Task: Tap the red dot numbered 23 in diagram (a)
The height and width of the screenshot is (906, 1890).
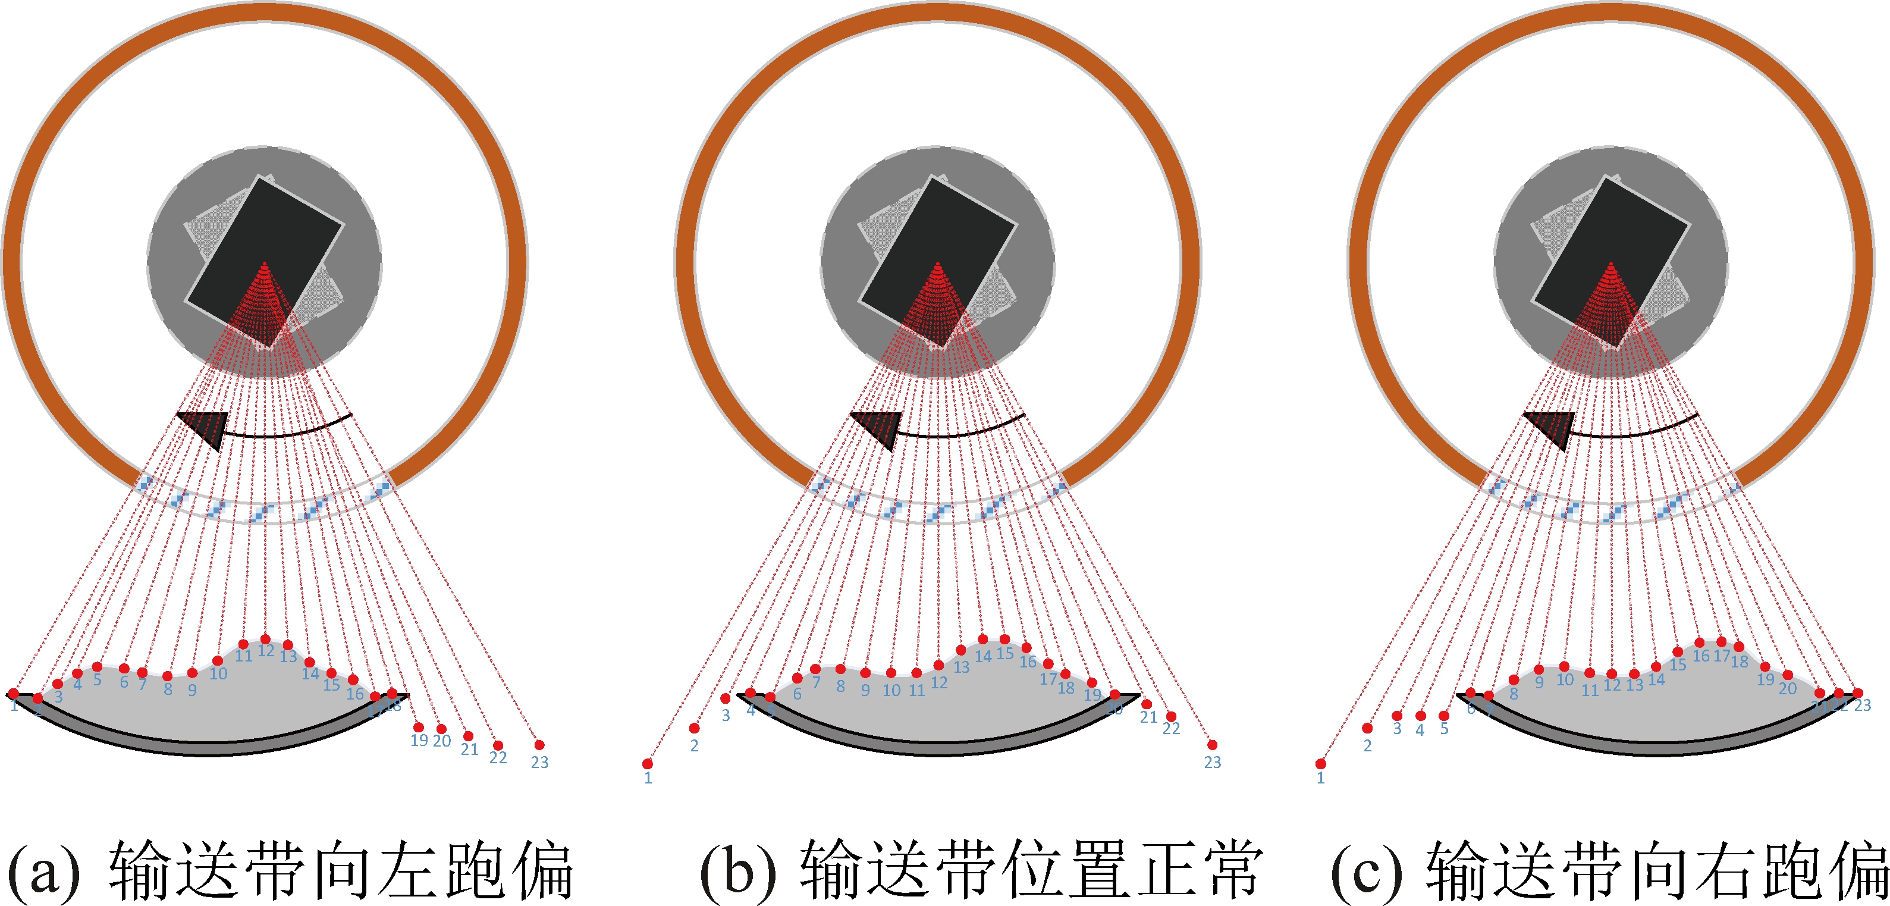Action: pyautogui.click(x=539, y=745)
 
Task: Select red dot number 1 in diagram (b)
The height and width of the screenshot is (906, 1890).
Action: pyautogui.click(x=647, y=764)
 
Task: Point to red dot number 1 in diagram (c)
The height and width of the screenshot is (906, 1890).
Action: pyautogui.click(x=1321, y=764)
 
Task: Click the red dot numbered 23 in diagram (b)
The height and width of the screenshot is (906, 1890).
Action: pyautogui.click(x=1212, y=745)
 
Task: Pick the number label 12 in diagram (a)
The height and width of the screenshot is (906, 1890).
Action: pyautogui.click(x=266, y=651)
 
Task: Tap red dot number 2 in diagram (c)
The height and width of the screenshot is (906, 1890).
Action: pyautogui.click(x=1367, y=728)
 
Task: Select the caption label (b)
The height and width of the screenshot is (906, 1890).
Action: pyautogui.click(x=737, y=870)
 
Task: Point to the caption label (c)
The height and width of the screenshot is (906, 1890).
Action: pyautogui.click(x=1366, y=870)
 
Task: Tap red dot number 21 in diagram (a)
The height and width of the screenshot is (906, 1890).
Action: pyautogui.click(x=468, y=736)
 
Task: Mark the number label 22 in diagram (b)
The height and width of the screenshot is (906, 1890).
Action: pyautogui.click(x=1171, y=729)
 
